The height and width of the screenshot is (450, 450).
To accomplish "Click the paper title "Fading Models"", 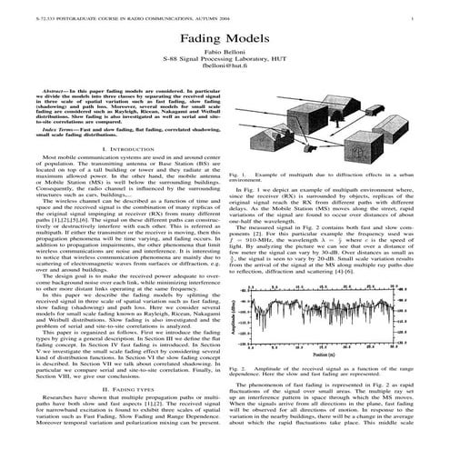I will tap(225, 43).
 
